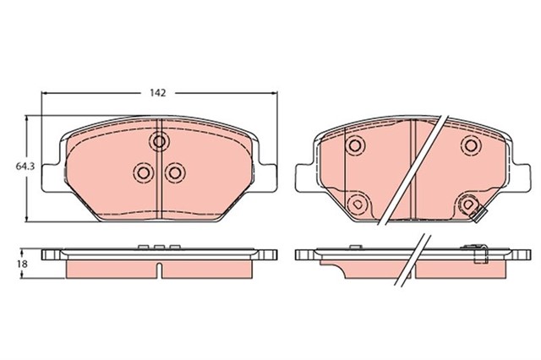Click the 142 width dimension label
point(158,93)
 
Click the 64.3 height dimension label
point(25,166)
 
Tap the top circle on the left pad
point(160,141)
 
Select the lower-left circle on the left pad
point(143,172)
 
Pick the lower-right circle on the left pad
point(175,172)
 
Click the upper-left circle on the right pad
point(355,145)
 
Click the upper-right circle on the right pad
point(471,145)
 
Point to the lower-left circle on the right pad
point(358,205)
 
